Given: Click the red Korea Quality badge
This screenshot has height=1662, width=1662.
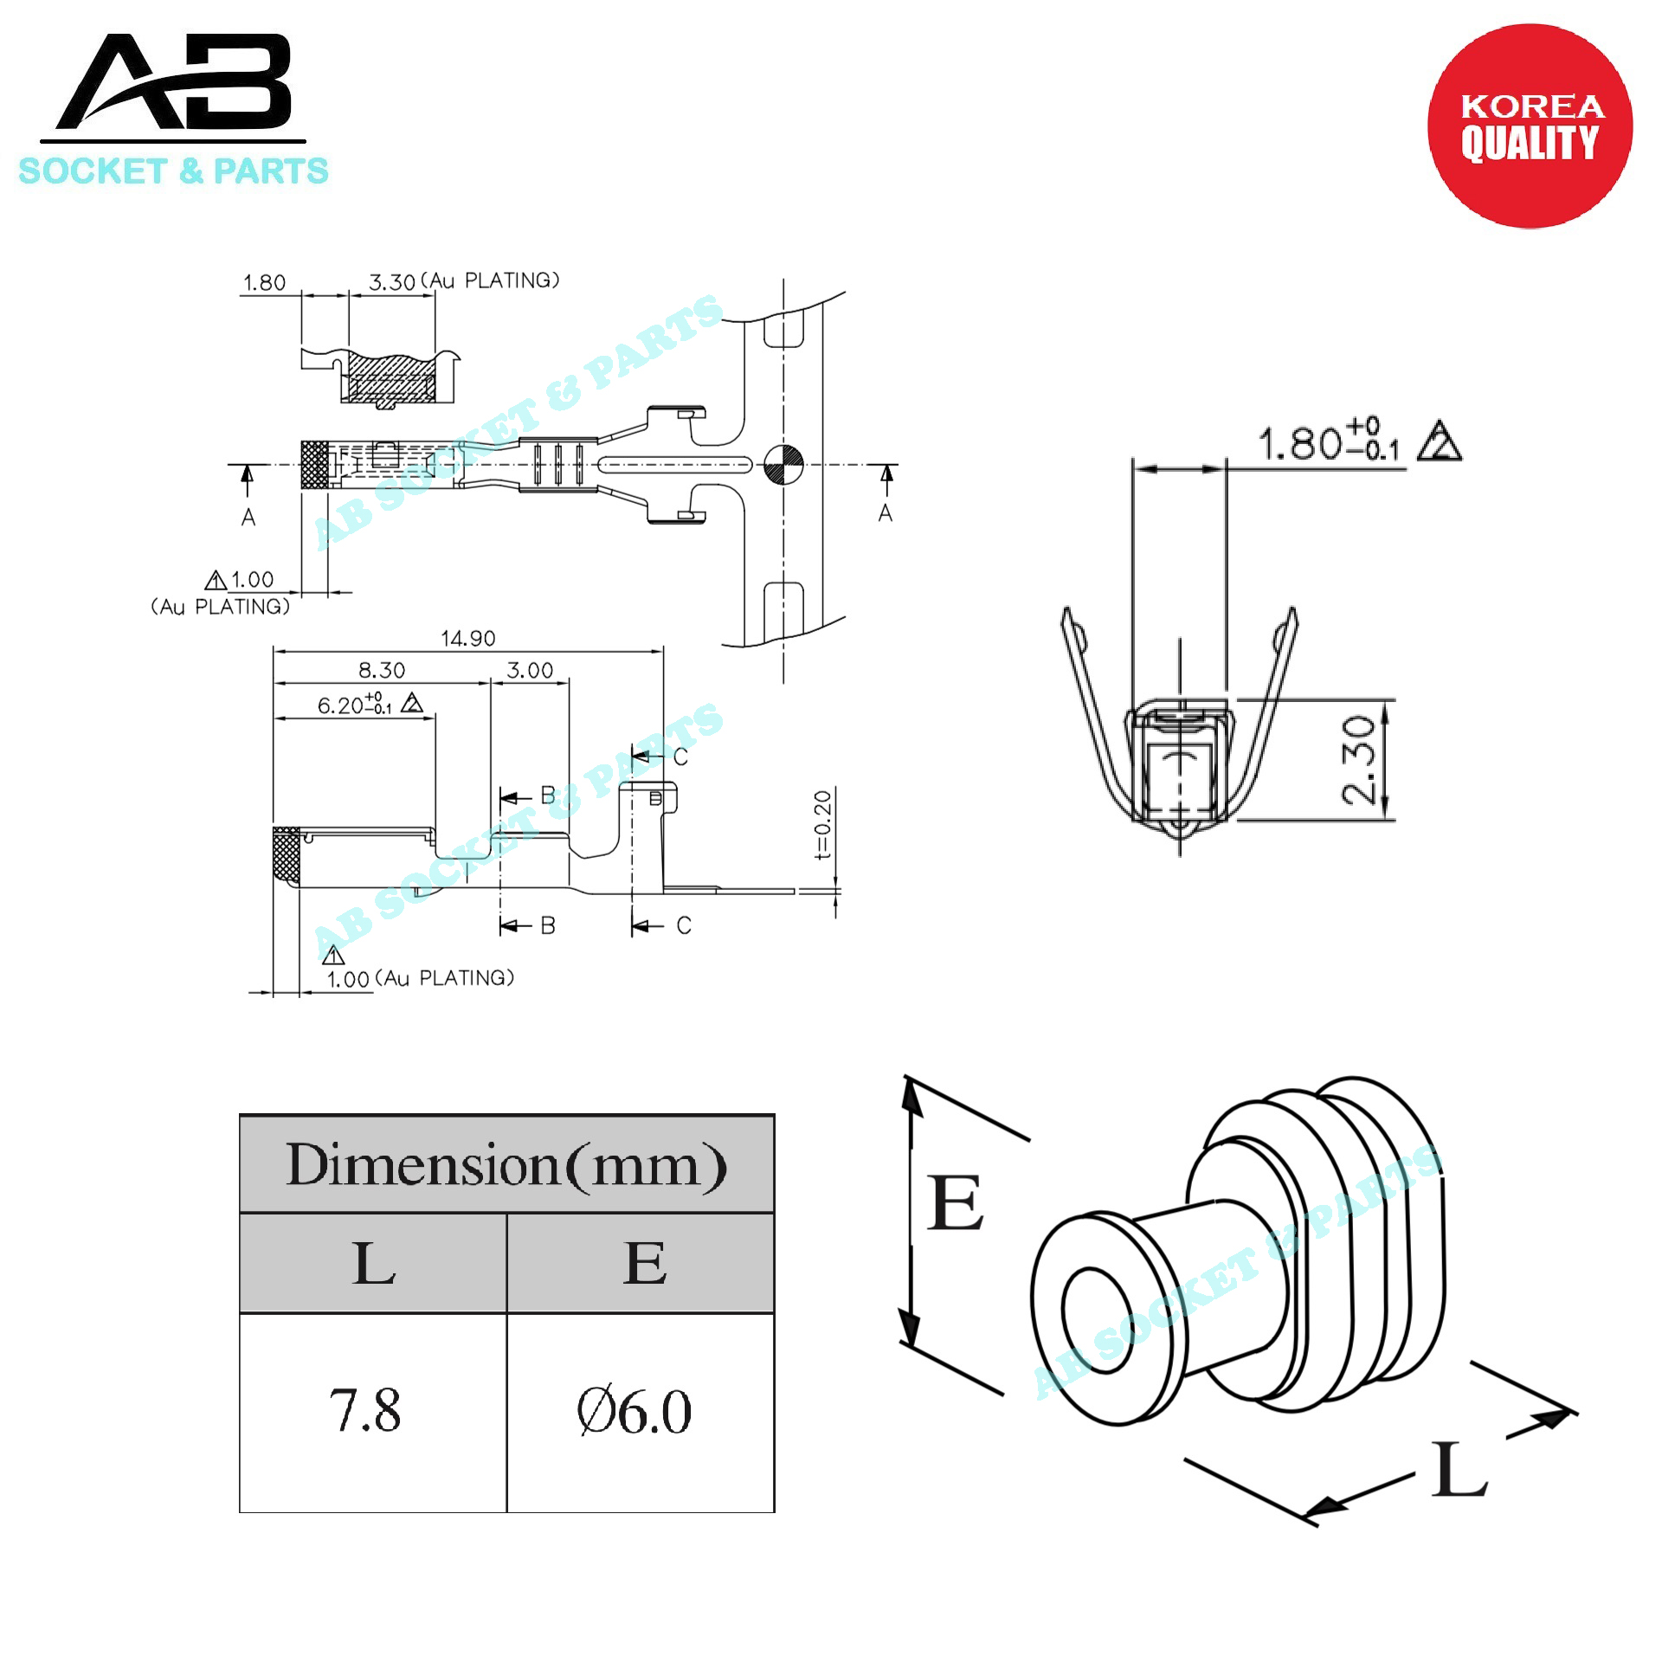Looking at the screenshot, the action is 1530,126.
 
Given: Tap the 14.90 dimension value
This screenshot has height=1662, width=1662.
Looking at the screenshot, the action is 467,639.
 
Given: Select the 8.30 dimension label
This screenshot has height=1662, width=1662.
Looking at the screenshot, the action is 382,670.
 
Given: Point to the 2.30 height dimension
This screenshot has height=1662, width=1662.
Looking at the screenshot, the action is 1358,759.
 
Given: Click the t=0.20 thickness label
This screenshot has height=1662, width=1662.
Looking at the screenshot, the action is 822,825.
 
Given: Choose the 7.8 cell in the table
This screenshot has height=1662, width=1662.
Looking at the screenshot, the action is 364,1411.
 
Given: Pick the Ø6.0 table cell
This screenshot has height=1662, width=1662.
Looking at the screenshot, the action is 635,1412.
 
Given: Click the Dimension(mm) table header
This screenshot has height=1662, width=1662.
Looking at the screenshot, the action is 506,1164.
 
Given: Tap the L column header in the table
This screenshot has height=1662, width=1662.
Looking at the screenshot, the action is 375,1263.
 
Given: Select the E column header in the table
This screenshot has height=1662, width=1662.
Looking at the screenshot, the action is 645,1263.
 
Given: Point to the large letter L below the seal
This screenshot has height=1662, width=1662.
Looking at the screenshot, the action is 1459,1467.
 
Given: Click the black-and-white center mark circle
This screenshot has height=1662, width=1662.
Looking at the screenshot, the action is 784,465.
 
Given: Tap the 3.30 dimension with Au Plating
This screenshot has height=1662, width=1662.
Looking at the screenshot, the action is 464,280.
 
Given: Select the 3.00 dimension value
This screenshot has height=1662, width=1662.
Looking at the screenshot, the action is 530,670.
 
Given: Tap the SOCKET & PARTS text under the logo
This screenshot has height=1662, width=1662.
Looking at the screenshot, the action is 173,171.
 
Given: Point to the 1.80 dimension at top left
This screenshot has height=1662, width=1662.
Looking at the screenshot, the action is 264,282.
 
